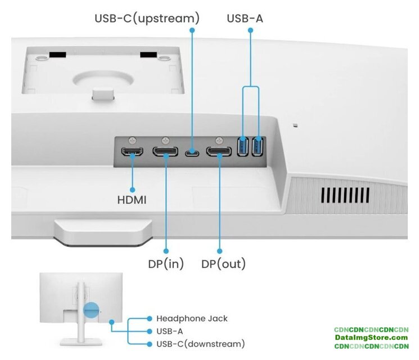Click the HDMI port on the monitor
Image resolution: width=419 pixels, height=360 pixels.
[x=133, y=152]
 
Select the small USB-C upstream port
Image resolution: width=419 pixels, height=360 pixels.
[x=192, y=152]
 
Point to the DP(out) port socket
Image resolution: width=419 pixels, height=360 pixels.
[x=218, y=151]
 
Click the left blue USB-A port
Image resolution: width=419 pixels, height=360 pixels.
[x=244, y=147]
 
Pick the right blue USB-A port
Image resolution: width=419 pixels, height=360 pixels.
[x=258, y=147]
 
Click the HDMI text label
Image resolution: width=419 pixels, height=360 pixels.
[x=132, y=199]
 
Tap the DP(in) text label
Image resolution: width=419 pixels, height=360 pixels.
[x=166, y=264]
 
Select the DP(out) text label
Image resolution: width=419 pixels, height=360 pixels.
[x=223, y=264]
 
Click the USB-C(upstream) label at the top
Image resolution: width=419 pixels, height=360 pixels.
[x=147, y=18]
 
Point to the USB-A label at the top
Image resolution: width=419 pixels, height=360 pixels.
[x=245, y=18]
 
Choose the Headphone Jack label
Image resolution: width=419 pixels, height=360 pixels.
[x=192, y=318]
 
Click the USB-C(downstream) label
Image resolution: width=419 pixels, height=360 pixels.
[x=200, y=344]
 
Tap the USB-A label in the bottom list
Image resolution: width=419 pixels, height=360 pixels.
[x=169, y=331]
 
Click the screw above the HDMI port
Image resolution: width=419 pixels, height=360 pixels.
[x=133, y=139]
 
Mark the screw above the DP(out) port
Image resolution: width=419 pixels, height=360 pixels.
[x=218, y=139]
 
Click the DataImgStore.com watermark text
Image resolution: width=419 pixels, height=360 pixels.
[x=371, y=337]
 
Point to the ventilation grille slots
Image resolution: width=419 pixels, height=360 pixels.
[x=345, y=195]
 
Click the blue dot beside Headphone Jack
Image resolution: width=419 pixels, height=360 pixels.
[x=150, y=318]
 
